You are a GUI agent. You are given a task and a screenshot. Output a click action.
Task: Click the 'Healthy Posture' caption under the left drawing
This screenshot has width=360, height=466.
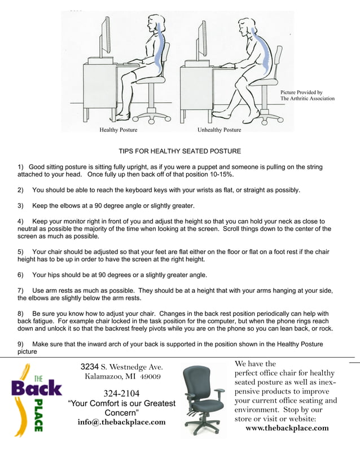tap(118, 130)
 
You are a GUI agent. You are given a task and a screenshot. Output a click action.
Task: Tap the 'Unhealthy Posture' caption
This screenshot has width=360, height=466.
tap(219, 130)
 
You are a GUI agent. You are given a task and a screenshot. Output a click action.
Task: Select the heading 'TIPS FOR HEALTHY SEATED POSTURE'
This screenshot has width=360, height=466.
tap(179, 151)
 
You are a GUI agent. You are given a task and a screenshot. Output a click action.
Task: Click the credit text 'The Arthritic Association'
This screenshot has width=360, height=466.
tap(308, 99)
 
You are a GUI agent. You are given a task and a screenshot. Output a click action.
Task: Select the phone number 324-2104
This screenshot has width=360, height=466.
tap(122, 393)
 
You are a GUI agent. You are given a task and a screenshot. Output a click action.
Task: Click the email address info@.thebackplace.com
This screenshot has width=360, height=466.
tap(121, 422)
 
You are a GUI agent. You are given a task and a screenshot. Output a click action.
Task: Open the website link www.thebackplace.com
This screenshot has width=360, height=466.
tap(287, 428)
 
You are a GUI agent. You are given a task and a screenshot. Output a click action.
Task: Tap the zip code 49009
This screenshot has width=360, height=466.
tap(151, 376)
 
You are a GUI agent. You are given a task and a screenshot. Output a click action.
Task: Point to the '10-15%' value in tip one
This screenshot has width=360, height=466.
tap(221, 175)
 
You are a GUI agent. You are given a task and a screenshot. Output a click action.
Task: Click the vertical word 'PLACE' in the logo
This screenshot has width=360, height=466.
tap(38, 417)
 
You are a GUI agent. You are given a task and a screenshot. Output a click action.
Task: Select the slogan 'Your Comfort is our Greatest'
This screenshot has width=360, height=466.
tap(121, 403)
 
